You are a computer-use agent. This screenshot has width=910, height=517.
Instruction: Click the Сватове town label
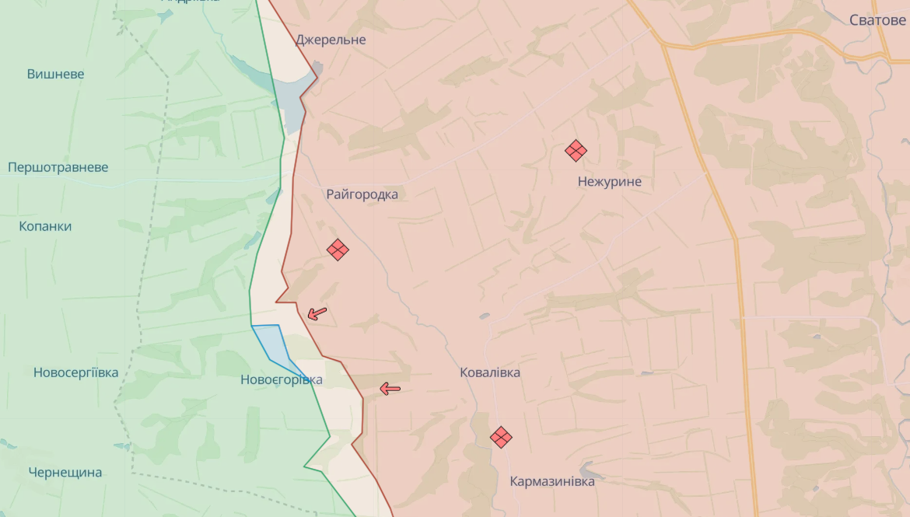(877, 20)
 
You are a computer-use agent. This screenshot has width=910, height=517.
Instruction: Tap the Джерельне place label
(331, 40)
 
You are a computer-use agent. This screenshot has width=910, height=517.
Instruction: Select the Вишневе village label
(56, 74)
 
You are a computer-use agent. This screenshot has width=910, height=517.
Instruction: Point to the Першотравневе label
(58, 167)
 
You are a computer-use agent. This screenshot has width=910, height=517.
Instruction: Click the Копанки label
(45, 226)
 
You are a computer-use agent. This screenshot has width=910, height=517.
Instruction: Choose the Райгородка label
(362, 194)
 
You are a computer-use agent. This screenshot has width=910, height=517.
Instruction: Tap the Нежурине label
(610, 182)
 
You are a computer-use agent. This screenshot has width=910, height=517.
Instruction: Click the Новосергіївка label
(76, 372)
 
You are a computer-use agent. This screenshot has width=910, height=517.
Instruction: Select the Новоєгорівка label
(282, 380)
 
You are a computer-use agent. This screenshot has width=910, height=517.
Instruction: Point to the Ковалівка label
(490, 372)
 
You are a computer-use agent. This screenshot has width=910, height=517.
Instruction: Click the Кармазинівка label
(552, 481)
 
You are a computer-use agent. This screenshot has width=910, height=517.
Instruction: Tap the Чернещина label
(65, 472)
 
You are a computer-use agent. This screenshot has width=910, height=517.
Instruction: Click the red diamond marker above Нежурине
(576, 150)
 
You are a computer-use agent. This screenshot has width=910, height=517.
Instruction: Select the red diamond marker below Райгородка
(338, 250)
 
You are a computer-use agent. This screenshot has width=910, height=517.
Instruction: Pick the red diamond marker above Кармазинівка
(501, 438)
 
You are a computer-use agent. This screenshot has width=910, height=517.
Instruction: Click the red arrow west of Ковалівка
(390, 389)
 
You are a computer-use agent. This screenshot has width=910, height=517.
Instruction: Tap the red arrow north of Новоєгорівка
(317, 313)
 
